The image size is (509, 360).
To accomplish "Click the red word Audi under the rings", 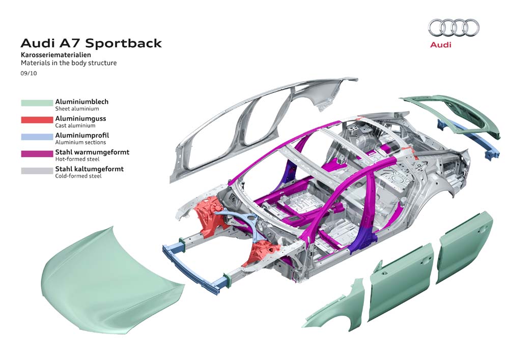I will coord(441,45).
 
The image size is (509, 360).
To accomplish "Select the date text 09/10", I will coord(29,73).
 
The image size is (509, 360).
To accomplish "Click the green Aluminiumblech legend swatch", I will coord(37,103).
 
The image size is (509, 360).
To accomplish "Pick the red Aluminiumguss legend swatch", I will coord(37,120).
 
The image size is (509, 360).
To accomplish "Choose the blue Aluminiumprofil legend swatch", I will coord(37,137).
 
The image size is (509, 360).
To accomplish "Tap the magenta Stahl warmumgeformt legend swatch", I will coord(37,154).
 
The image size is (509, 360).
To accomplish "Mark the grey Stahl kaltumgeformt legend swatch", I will coord(37,171).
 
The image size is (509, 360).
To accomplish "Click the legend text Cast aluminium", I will coord(75,125).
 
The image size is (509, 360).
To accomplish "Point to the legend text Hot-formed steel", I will coord(77,159).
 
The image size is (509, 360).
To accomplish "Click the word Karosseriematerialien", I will coord(56,54).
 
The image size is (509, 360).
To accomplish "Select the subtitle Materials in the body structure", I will coord(68,63).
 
